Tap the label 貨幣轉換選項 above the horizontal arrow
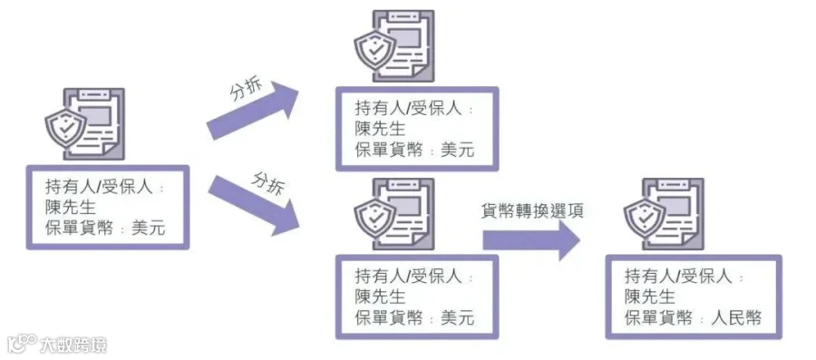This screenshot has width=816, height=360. tap(532, 211)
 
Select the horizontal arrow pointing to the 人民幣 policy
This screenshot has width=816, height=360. tap(530, 239)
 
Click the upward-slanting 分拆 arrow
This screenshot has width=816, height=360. tap(253, 111)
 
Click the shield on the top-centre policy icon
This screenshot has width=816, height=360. tap(374, 49)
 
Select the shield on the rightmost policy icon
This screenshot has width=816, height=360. tap(645, 218)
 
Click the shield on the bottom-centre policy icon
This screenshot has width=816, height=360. tap(374, 218)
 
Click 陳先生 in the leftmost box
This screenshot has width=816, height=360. tap(70, 207)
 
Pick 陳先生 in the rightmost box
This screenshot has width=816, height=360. tap(649, 297)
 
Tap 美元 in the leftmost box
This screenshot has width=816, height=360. tap(149, 228)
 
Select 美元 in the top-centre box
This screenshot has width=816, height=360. tap(458, 150)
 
